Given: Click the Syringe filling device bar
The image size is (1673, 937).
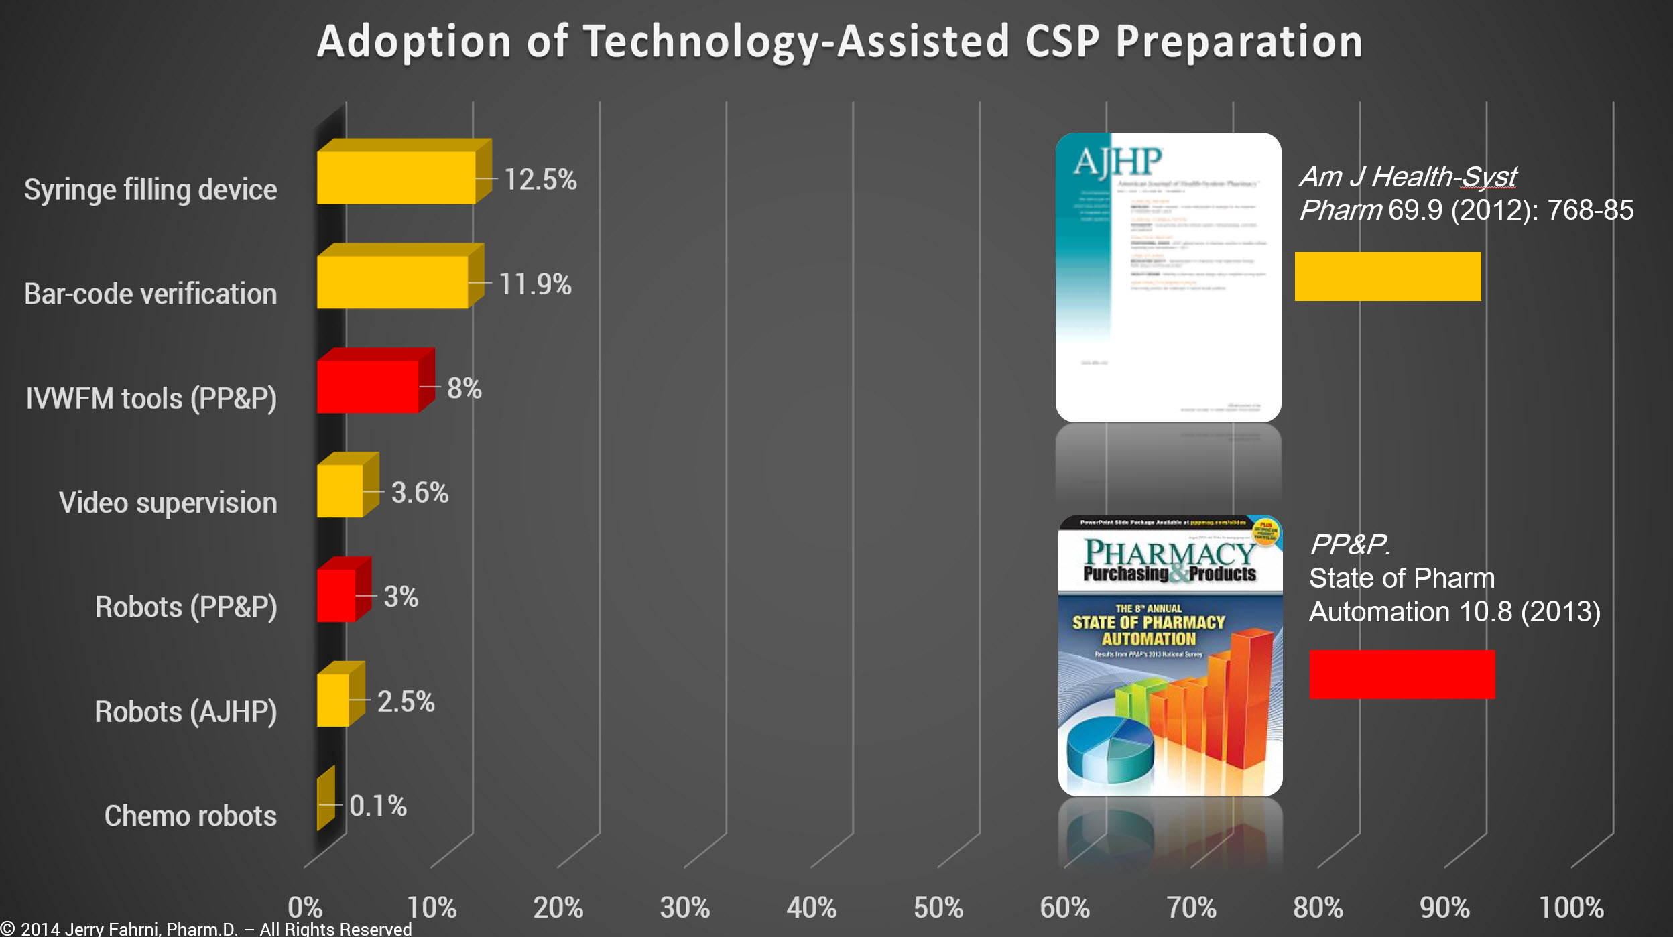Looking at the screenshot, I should click(x=396, y=178).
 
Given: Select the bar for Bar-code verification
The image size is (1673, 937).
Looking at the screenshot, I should click(x=392, y=282).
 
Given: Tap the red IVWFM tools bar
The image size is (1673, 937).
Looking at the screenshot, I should click(x=368, y=387).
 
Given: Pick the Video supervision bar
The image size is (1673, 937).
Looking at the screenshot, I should click(x=340, y=491).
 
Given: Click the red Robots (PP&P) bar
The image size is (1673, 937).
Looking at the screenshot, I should click(x=336, y=596).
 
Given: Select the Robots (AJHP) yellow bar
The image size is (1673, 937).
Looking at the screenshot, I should click(x=333, y=700).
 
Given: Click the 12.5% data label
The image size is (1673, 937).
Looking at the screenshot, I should click(x=540, y=180).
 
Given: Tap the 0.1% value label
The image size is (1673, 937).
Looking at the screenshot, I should click(x=378, y=806).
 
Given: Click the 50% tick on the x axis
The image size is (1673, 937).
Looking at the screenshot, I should click(x=938, y=908).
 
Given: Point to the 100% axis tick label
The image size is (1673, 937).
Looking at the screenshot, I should click(x=1571, y=908).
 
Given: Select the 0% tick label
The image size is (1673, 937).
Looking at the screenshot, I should click(x=305, y=908).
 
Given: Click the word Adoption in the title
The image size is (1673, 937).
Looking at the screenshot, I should click(x=414, y=42).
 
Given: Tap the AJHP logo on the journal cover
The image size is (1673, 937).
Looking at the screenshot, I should click(x=1117, y=162).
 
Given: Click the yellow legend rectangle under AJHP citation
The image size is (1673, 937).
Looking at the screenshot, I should click(x=1387, y=276).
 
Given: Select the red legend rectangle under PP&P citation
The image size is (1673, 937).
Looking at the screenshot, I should click(x=1402, y=674).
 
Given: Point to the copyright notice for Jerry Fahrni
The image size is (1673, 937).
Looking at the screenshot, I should click(x=206, y=928).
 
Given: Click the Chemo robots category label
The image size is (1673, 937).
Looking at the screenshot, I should click(x=190, y=816).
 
